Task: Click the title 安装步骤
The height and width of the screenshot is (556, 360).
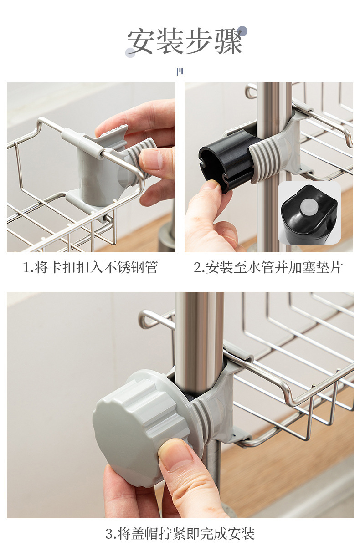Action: pos(185,41)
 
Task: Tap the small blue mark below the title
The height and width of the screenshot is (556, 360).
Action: pos(180,71)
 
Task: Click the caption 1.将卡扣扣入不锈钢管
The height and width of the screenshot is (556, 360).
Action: pos(90,267)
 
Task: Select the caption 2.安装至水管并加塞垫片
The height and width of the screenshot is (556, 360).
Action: pos(268,267)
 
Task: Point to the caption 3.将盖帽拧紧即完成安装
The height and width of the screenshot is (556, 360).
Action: pos(180,532)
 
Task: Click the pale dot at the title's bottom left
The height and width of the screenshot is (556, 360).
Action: pos(130,53)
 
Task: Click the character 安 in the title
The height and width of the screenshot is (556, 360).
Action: pos(141,41)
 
